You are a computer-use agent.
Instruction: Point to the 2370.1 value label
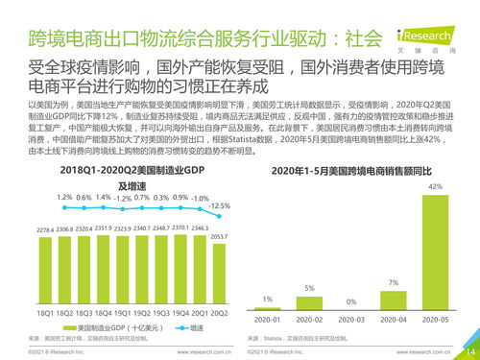click(x=181, y=229)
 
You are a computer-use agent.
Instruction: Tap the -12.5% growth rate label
click(x=219, y=205)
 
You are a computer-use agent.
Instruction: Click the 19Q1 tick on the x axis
click(x=122, y=313)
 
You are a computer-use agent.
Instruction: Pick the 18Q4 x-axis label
click(x=102, y=313)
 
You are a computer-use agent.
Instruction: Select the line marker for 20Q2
click(x=220, y=216)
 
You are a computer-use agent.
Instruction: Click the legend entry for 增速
click(x=183, y=327)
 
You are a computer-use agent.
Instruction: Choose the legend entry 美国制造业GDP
click(x=106, y=327)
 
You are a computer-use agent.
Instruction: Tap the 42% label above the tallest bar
click(x=435, y=186)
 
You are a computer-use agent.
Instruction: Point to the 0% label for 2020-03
click(x=351, y=300)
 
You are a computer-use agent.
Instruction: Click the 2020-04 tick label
click(x=393, y=319)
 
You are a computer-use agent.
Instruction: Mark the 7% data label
click(x=393, y=282)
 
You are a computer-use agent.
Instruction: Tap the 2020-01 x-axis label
click(x=268, y=319)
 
